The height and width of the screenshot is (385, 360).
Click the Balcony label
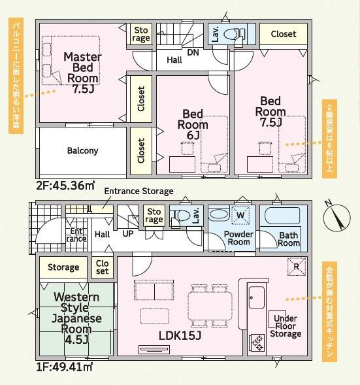pyautogui.click(x=82, y=150)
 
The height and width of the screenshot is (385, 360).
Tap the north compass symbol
pyautogui.click(x=336, y=216)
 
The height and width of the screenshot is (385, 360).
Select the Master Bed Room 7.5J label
pyautogui.click(x=83, y=73)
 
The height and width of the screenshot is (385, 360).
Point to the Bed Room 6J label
pyautogui.click(x=193, y=124)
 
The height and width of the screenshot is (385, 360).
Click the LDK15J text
pyautogui.click(x=180, y=335)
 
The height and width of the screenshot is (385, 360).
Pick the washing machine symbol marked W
pyautogui.click(x=240, y=215)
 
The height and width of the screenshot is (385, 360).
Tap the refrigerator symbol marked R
pyautogui.click(x=297, y=267)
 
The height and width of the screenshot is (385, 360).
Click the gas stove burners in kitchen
pyautogui.click(x=257, y=343)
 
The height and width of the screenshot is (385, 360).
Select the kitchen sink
pyautogui.click(x=256, y=297)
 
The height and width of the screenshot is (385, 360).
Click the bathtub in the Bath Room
pyautogui.click(x=282, y=216)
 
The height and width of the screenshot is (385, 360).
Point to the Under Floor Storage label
pyautogui.click(x=286, y=326)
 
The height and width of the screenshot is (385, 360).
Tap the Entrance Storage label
pyautogui.click(x=139, y=191)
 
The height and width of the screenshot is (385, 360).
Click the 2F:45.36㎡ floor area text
pyautogui.click(x=65, y=186)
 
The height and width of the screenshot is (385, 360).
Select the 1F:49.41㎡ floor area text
pyautogui.click(x=64, y=367)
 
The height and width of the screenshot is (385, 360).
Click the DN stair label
pyautogui.click(x=193, y=52)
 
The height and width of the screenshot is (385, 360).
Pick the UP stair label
pyautogui.click(x=128, y=234)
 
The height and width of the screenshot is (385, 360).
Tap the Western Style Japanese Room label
pyautogui.click(x=76, y=318)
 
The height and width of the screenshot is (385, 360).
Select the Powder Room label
pyautogui.click(x=238, y=238)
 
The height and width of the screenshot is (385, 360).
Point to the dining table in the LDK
pyautogui.click(x=210, y=306)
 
